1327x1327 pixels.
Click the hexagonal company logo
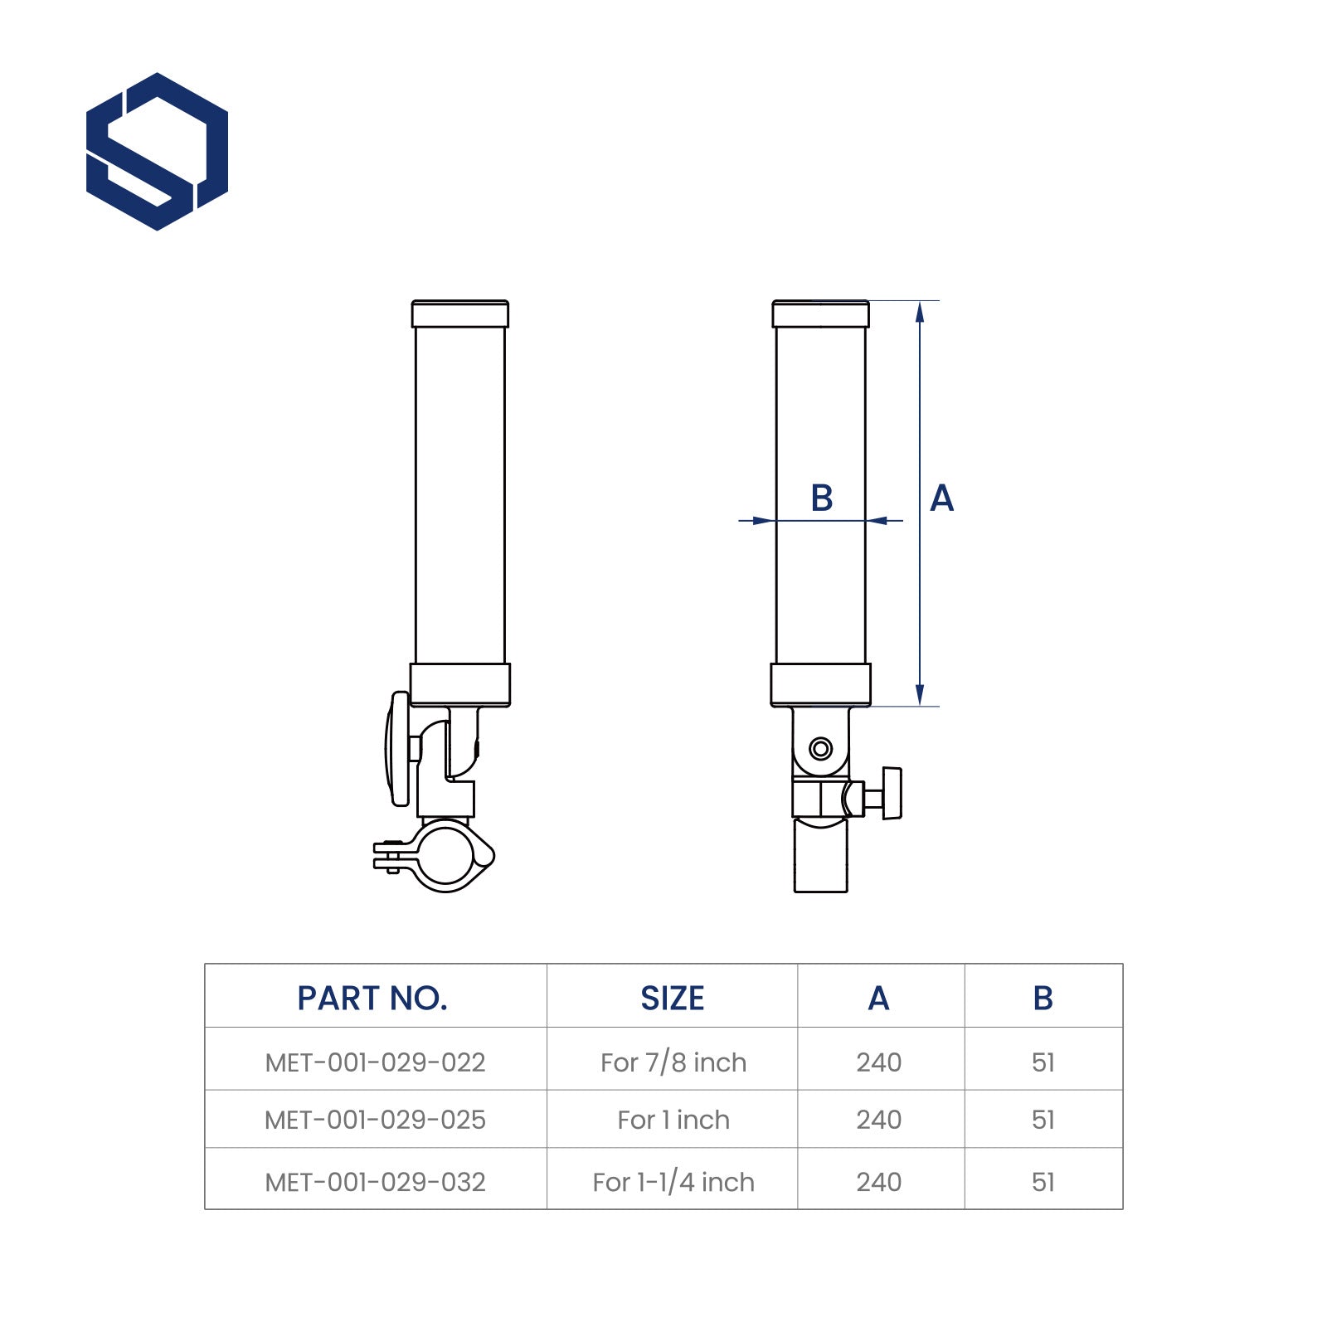point(157,151)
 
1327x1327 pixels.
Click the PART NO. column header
point(372,999)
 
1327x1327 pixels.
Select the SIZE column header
point(672,999)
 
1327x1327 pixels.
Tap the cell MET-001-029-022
point(375,1062)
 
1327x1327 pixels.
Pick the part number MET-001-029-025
point(375,1120)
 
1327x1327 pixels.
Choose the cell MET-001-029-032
point(375,1182)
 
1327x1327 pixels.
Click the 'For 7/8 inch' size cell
point(673,1062)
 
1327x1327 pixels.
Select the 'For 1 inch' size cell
point(673,1120)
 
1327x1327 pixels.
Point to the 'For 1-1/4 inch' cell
point(673,1182)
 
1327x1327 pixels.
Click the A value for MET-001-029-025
point(878,1120)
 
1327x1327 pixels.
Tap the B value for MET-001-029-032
point(1043,1182)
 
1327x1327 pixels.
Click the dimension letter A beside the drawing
point(941,498)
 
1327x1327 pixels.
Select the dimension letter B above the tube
point(821,498)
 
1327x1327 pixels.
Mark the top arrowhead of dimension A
point(919,311)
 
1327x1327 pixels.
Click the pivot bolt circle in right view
point(820,749)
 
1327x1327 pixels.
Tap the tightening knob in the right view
point(891,794)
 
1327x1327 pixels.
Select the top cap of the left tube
point(459,314)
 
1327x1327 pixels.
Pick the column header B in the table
point(1043,999)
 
